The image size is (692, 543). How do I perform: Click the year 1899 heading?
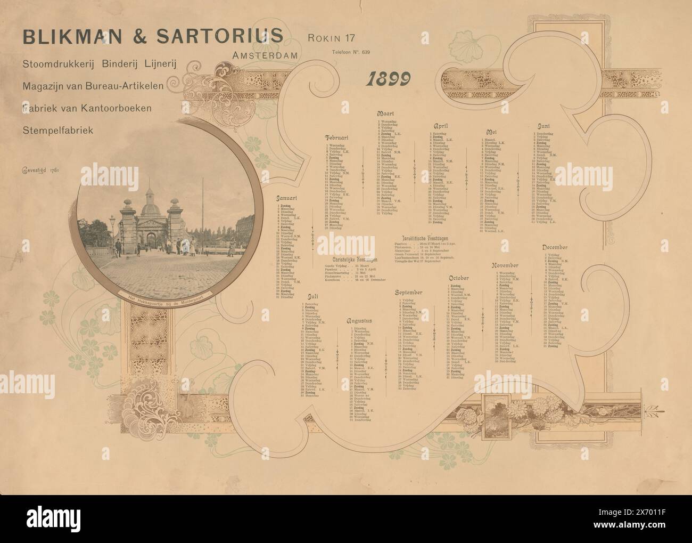click(x=388, y=79)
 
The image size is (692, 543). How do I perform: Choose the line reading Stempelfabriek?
click(x=58, y=129)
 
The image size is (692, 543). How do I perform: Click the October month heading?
click(x=458, y=278)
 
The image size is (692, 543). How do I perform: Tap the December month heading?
click(x=556, y=247)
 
